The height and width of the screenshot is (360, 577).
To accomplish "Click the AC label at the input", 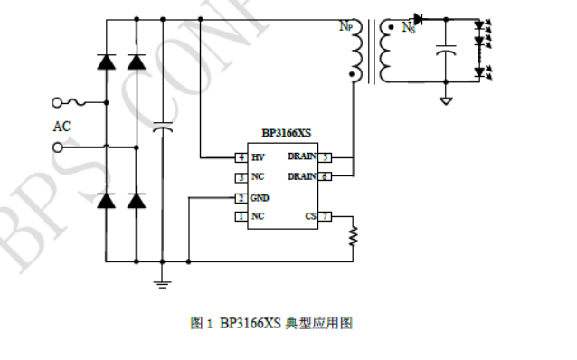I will point(61,127).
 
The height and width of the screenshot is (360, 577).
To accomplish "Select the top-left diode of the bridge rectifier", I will point(106,62).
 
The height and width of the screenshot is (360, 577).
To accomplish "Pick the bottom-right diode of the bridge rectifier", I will point(137,200).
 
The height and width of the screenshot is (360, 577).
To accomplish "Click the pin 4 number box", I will point(241,157).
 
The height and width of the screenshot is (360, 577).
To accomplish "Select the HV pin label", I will point(258,157).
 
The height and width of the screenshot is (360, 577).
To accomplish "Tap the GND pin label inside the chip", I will point(260,197).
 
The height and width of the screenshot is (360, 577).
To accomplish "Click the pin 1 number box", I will point(241,216).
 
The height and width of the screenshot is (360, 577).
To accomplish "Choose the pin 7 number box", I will point(326,216).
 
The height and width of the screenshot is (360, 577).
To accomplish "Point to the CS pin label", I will point(310,216).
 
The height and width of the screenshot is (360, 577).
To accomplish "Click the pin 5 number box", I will point(326,157).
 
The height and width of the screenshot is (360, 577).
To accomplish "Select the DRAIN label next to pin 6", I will point(302,176).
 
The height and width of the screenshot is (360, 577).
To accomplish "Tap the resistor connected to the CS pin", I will point(355,236).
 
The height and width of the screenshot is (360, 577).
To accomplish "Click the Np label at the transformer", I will point(345,27).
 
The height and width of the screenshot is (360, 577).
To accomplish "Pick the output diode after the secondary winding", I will point(419,20).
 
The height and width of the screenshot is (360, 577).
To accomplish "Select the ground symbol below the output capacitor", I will point(445,100).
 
